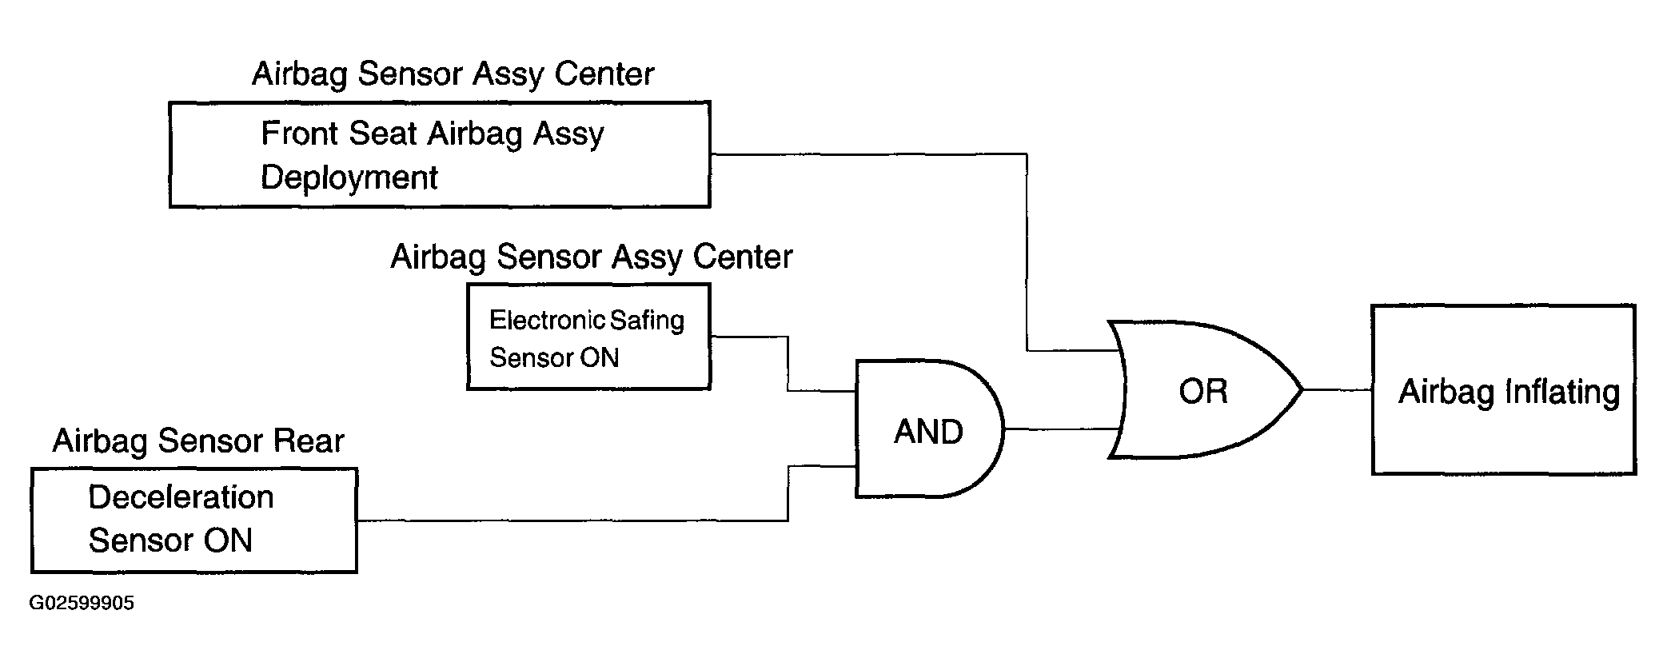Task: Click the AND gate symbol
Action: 929,429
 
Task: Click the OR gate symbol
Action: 1203,390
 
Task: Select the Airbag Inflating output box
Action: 1504,389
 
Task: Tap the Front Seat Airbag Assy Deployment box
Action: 440,154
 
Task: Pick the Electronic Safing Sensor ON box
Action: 588,337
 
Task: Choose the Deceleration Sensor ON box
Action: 194,520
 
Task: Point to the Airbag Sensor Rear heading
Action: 198,441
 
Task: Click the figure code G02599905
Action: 82,603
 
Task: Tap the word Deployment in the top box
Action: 349,177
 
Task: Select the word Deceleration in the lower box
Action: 181,497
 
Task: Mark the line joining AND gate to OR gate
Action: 1061,429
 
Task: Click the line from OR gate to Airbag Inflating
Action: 1338,390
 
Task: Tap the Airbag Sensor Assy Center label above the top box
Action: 453,74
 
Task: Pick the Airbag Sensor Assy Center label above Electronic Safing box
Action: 592,257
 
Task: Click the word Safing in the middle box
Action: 647,321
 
